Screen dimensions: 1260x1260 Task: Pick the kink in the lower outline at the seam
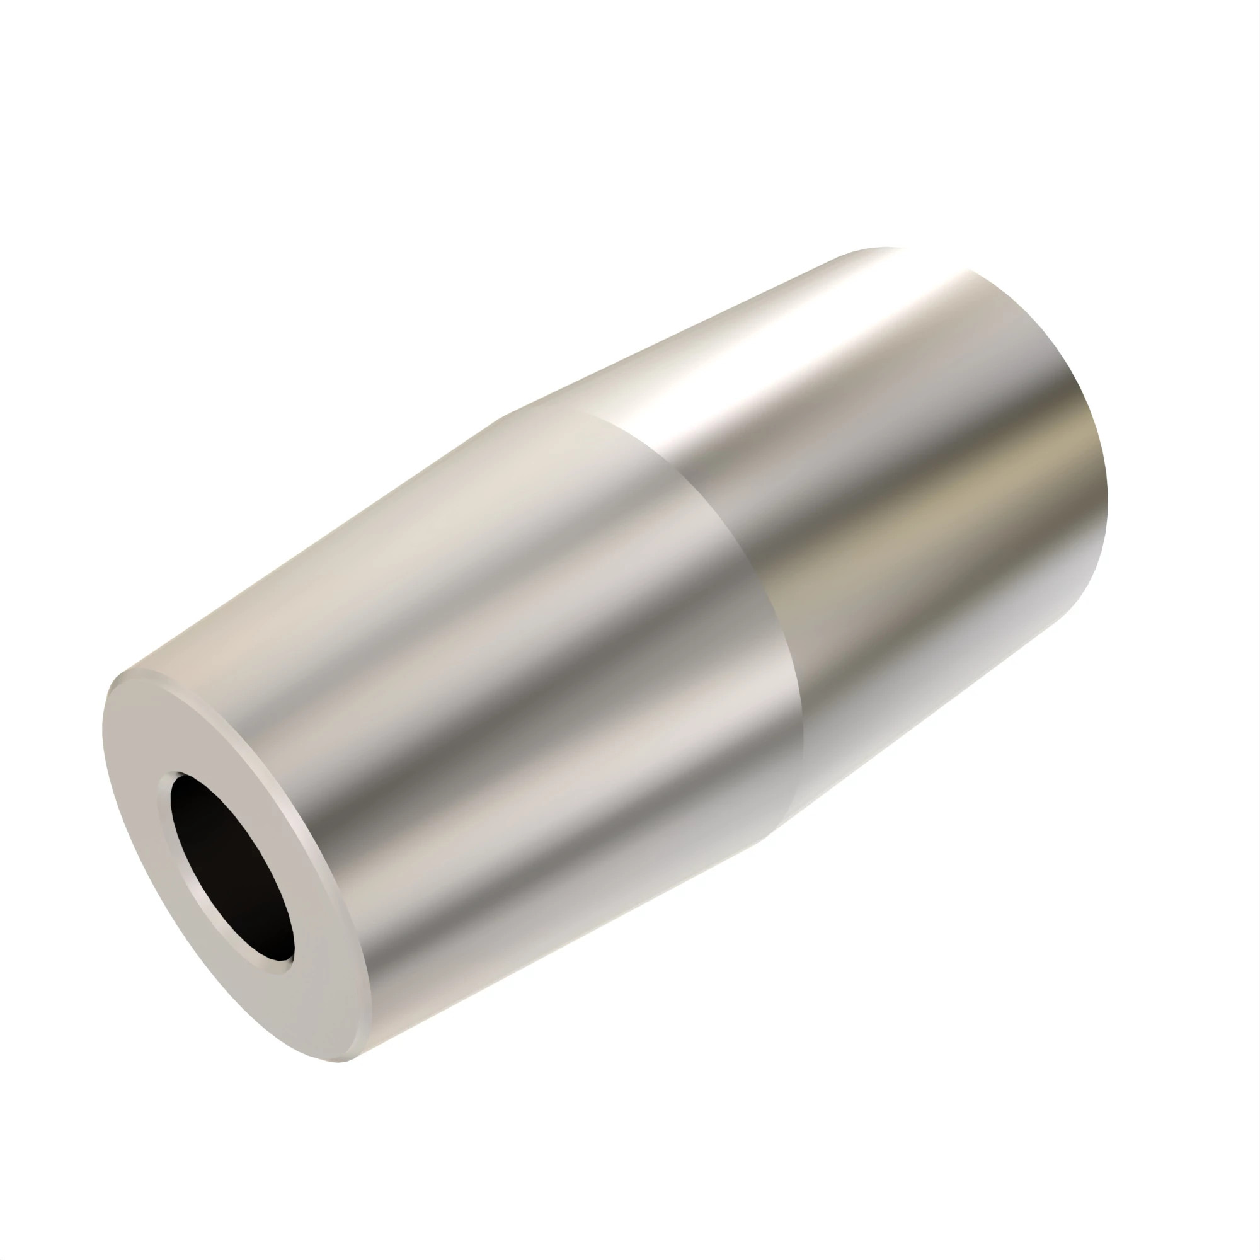[773, 837]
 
